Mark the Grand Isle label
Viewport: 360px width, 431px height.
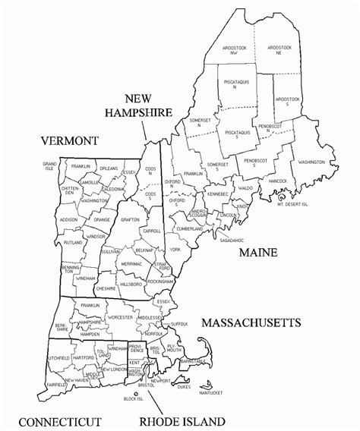tap(50, 165)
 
